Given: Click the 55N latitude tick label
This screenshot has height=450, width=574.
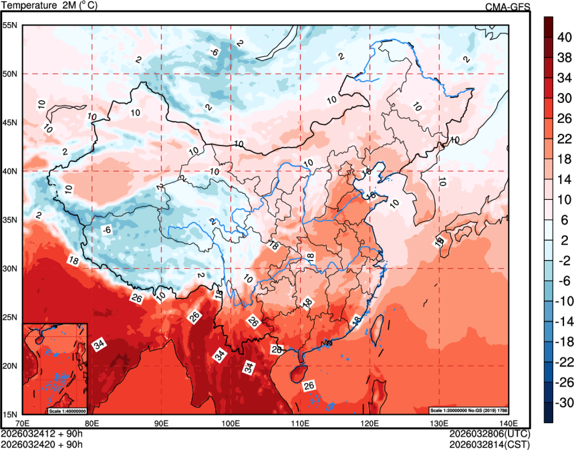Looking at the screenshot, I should (10, 25).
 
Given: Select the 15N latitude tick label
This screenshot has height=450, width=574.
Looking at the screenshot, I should (10, 415).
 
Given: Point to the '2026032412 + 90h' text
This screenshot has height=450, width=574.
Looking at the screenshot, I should (41, 433).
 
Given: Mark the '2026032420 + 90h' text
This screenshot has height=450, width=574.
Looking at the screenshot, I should (41, 443).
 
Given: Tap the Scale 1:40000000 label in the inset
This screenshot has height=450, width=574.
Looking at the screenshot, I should (67, 410).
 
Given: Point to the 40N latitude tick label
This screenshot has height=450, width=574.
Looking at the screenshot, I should (10, 171).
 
